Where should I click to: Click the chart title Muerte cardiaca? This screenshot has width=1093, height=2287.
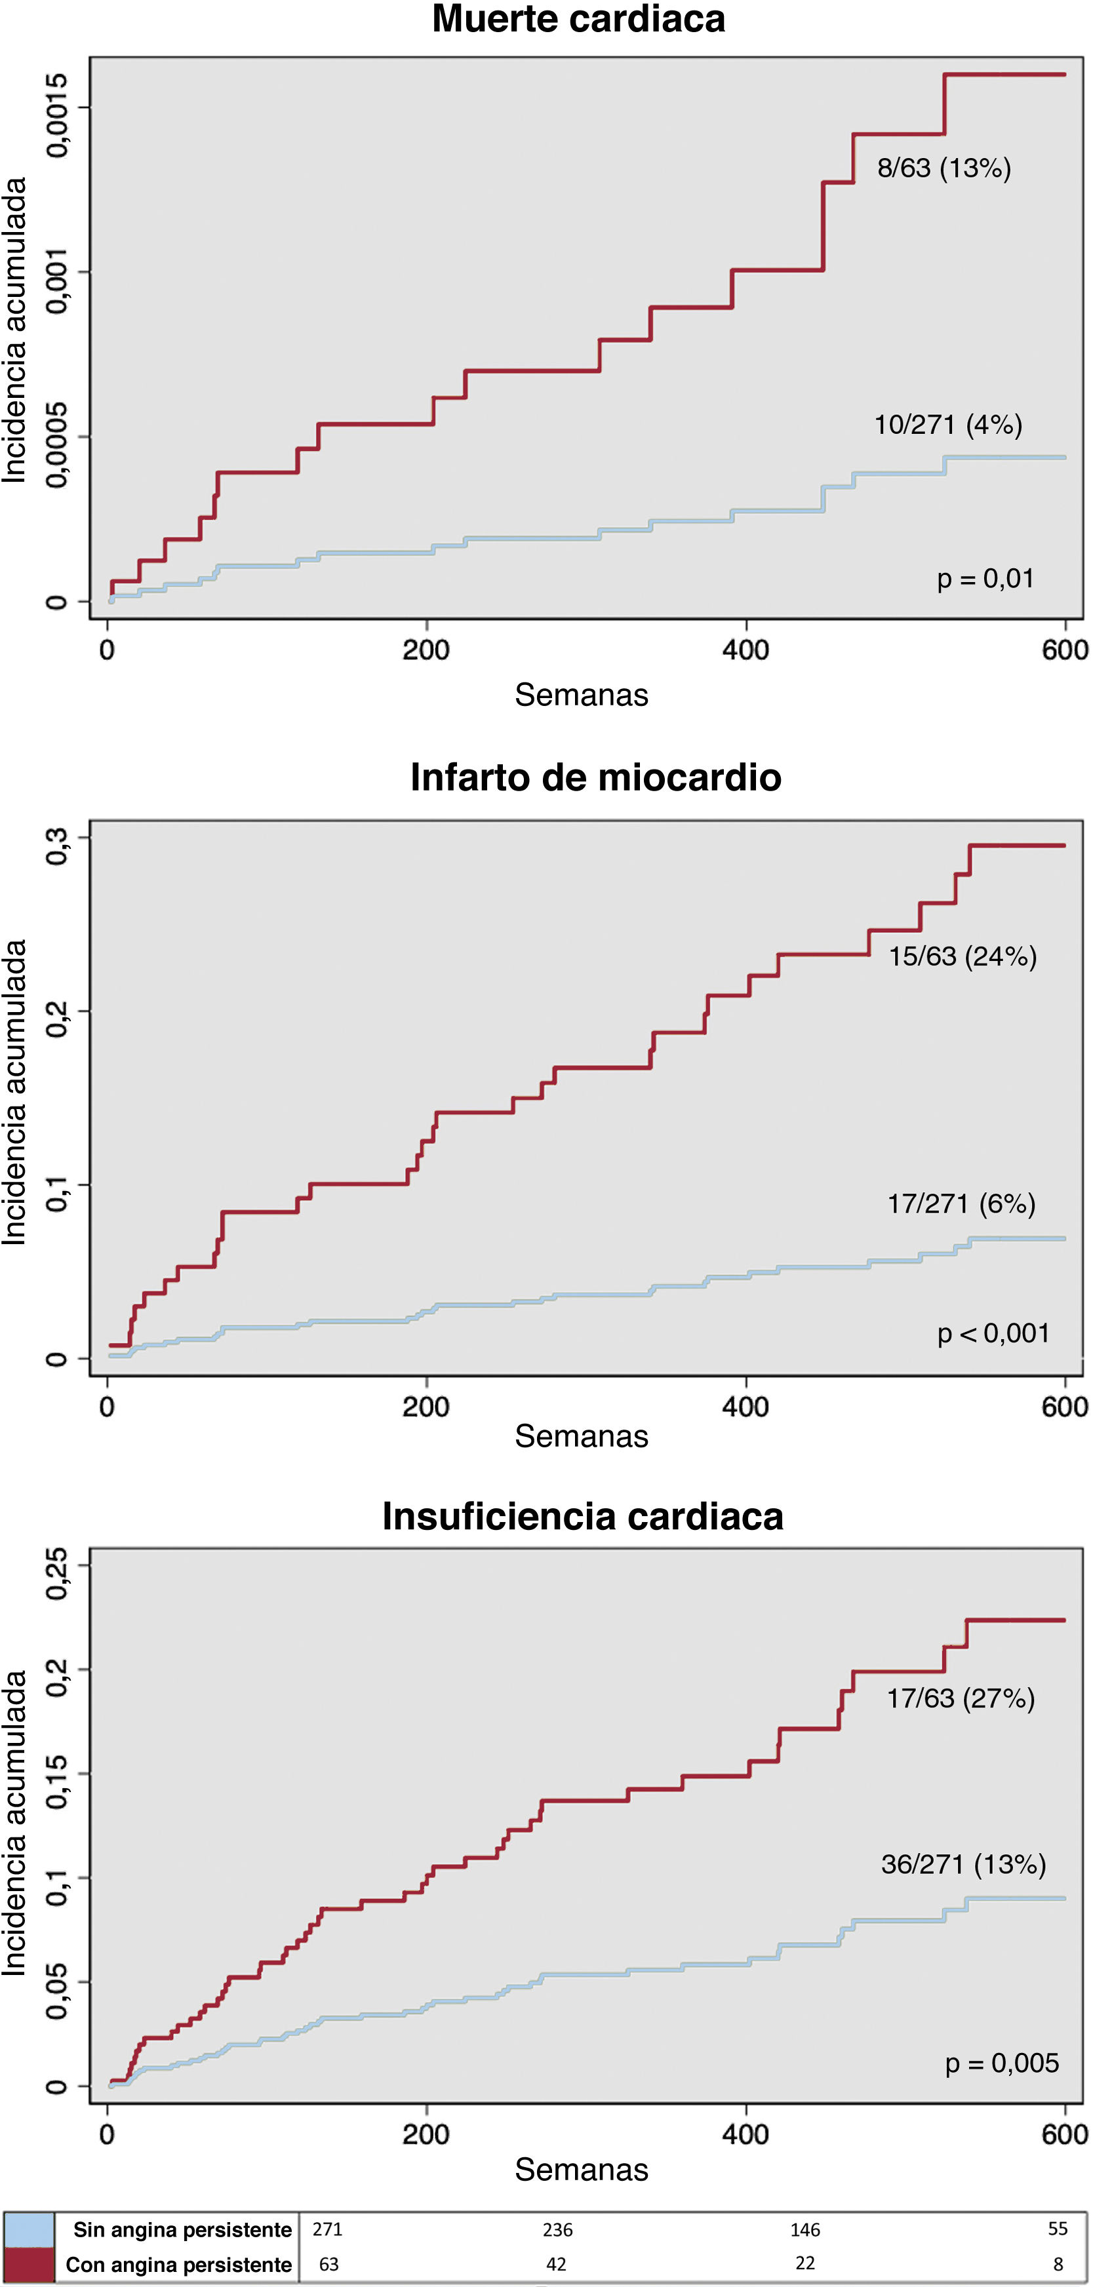click(578, 20)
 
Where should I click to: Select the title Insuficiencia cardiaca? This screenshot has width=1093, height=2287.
click(582, 1516)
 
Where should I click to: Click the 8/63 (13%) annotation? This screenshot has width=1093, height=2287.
click(944, 168)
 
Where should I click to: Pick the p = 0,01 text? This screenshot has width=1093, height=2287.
click(985, 579)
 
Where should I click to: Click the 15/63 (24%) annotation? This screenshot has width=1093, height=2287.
click(963, 956)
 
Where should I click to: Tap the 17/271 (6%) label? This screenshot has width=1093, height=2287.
click(962, 1204)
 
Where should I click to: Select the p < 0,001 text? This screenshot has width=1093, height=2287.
click(993, 1333)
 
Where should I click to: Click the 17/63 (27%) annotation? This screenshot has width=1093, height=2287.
click(961, 1698)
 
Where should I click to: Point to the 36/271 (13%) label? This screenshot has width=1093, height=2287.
click(963, 1864)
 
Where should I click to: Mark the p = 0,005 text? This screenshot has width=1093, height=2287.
click(1002, 2063)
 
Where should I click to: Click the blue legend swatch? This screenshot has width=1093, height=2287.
click(28, 2229)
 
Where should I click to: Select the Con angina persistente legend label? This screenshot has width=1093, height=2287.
click(178, 2265)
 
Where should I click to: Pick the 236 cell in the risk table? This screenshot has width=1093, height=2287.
click(557, 2230)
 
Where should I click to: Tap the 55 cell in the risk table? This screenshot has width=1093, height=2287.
click(1058, 2229)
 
